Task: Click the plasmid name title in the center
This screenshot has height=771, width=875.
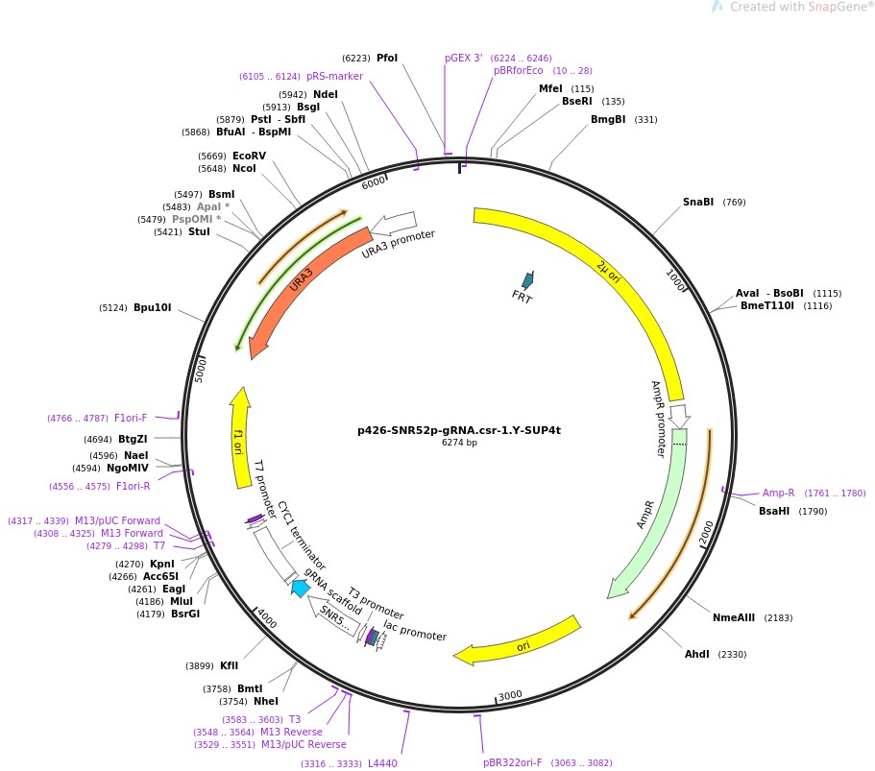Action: click(x=458, y=430)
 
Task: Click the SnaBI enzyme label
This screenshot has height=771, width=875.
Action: click(x=698, y=202)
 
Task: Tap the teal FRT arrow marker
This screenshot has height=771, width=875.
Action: click(x=526, y=281)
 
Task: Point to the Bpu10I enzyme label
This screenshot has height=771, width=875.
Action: click(x=152, y=308)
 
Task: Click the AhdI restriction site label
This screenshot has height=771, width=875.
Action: click(x=697, y=654)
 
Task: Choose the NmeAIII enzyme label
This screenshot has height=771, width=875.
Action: click(x=734, y=617)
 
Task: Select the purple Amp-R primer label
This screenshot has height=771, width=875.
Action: click(x=778, y=493)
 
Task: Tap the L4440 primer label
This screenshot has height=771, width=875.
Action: click(x=382, y=763)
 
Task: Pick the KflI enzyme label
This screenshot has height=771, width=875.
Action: click(x=229, y=665)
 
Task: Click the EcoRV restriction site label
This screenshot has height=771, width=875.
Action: click(x=249, y=156)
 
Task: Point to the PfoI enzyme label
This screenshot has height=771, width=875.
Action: click(x=387, y=58)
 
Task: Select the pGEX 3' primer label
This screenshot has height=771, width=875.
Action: click(x=464, y=58)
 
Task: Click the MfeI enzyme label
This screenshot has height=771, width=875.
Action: click(x=550, y=88)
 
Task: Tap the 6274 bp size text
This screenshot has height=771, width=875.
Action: click(x=459, y=443)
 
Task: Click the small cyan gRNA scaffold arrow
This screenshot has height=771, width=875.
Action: click(x=301, y=589)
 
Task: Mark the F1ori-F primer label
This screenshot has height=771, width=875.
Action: click(x=131, y=418)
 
